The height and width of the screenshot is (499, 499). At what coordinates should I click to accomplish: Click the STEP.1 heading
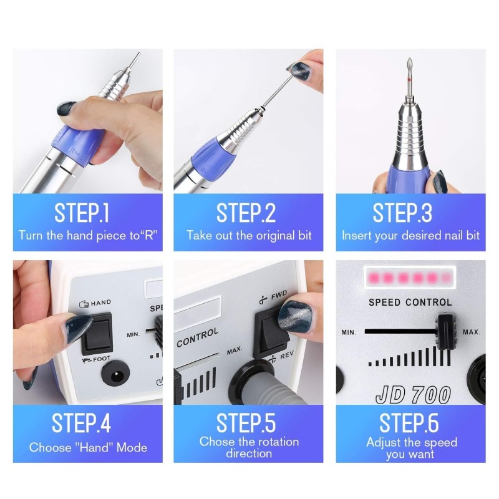[x=82, y=213]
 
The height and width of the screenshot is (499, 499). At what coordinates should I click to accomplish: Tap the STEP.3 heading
[x=402, y=213]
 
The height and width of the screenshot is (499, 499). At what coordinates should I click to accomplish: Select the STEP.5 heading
[x=246, y=423]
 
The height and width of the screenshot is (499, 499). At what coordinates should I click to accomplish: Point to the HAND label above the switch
[x=101, y=303]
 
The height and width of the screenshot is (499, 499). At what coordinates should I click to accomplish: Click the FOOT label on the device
[x=102, y=359]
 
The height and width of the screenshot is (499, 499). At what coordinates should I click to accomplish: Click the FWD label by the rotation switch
[x=279, y=294]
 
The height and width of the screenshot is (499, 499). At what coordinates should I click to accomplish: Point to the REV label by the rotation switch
[x=287, y=356]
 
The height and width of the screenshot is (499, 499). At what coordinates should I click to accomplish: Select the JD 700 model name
[x=413, y=395]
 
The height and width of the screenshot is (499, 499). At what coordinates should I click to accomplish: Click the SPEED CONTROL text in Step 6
[x=410, y=302]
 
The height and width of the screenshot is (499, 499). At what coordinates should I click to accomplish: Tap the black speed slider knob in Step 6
[x=447, y=332]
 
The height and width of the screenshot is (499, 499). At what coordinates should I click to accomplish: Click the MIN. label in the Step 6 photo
[x=349, y=332]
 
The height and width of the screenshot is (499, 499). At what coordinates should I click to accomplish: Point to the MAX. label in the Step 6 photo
[x=472, y=332]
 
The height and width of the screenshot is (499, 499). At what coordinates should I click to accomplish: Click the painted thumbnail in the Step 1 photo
[x=66, y=109]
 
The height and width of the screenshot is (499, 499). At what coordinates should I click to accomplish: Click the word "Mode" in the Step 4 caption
[x=132, y=447]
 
